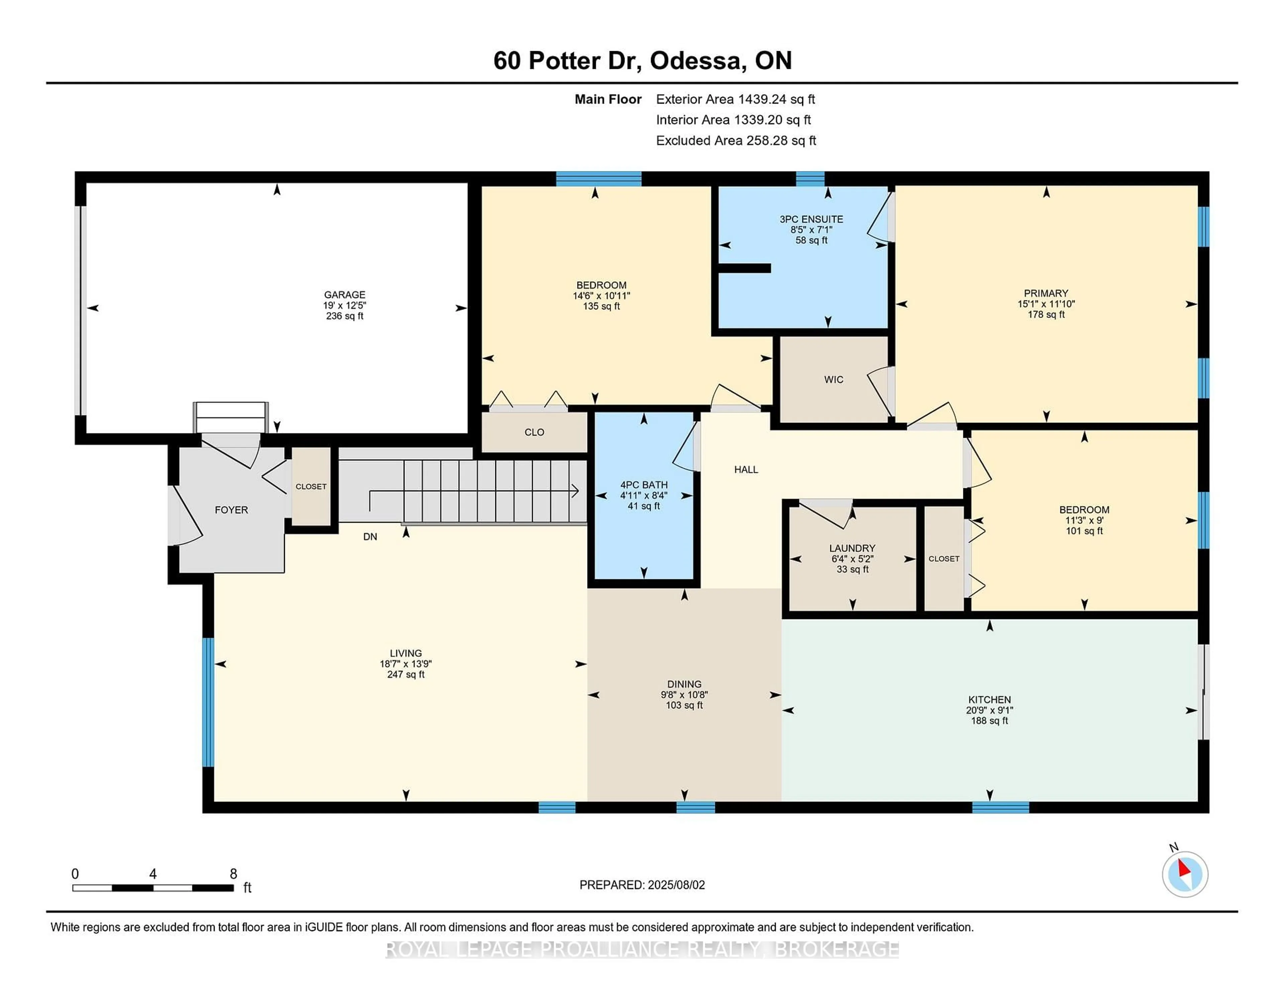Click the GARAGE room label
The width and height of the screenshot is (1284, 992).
[x=344, y=294]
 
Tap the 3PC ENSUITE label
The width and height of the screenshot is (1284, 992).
[x=811, y=219]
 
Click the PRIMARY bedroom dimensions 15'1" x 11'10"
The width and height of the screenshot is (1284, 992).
[x=1046, y=304]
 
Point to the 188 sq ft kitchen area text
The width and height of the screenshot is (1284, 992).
[x=989, y=721]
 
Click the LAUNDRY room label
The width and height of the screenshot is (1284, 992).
[x=852, y=548]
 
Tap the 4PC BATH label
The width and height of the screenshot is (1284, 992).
[x=644, y=485]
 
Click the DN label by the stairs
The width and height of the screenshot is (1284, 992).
[x=370, y=536]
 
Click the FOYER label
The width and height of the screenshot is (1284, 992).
[x=231, y=510]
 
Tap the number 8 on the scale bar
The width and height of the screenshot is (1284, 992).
[x=233, y=874]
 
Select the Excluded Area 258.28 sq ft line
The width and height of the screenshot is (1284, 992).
[x=736, y=140]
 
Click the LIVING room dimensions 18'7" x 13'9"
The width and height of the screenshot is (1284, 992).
[x=406, y=663]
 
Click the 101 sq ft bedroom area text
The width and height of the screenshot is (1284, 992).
[x=1084, y=531]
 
